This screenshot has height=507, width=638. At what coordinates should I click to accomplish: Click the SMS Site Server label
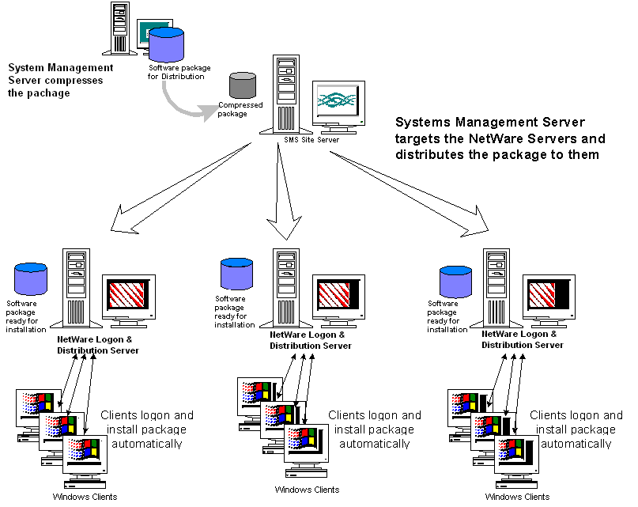[311, 140]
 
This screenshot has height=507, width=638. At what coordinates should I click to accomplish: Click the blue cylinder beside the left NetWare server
[32, 280]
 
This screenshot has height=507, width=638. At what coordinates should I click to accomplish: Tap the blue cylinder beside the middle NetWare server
[236, 273]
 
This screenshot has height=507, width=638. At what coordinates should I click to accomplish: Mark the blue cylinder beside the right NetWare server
[455, 282]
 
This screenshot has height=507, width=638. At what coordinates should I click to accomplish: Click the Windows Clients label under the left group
[85, 496]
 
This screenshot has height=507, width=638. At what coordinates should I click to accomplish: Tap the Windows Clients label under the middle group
[307, 490]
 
